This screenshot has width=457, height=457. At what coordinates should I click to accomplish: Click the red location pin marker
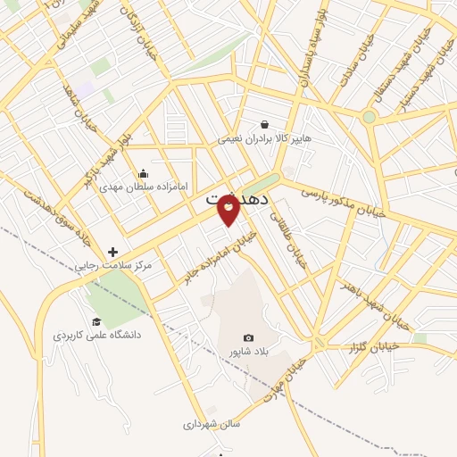[x=228, y=209]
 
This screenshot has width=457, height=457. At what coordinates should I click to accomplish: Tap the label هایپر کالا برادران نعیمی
[x=265, y=139]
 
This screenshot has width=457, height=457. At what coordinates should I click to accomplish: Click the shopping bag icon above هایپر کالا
[x=264, y=124]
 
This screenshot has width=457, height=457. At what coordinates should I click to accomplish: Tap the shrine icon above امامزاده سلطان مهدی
[x=143, y=173]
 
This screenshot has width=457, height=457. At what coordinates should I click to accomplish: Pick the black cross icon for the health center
[x=112, y=252]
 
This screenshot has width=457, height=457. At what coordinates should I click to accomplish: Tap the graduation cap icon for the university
[x=96, y=322]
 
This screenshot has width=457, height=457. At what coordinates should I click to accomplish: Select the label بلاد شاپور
[x=248, y=352]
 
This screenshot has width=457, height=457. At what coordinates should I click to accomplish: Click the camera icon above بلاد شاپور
[x=248, y=338]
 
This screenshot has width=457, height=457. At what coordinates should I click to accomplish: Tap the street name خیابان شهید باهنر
[x=373, y=303]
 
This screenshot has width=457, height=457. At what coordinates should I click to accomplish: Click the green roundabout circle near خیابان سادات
[x=369, y=117]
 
